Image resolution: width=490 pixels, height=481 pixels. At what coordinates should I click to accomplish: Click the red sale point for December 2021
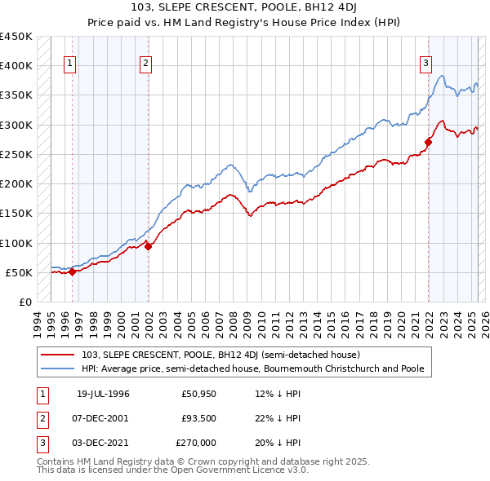[x=428, y=142]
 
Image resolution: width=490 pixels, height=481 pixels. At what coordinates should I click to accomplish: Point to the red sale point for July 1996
[x=72, y=272]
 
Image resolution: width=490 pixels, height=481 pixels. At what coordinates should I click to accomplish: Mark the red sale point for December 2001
[x=148, y=247]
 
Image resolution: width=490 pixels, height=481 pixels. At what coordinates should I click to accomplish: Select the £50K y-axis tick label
[x=19, y=272]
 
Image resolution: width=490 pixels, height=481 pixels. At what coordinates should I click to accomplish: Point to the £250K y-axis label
[x=16, y=155]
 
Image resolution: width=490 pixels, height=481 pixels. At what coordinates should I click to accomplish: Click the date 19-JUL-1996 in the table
[x=103, y=394]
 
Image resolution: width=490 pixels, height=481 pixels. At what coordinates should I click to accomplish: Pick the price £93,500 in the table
[x=198, y=418]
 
